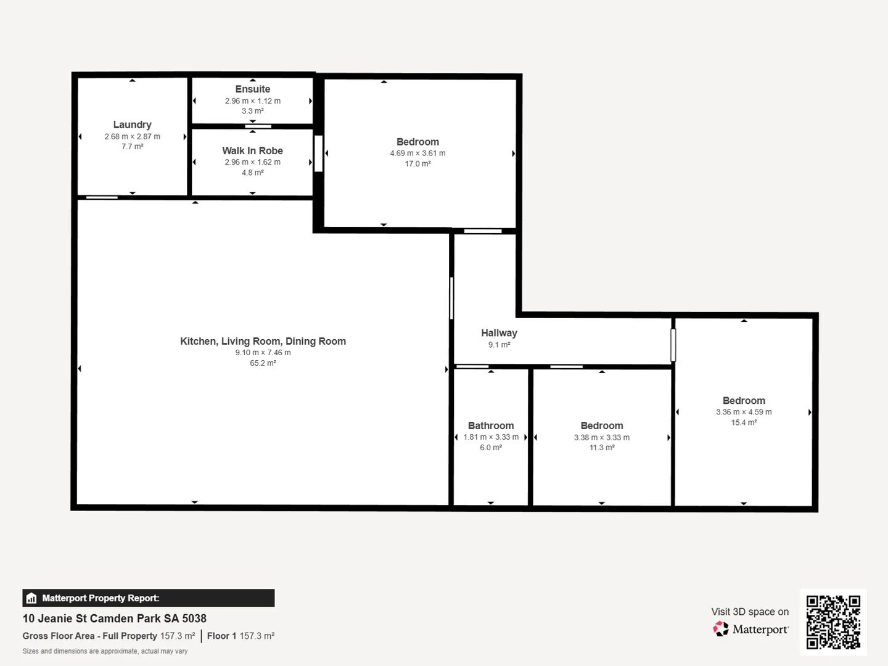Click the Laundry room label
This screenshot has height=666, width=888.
(132, 125)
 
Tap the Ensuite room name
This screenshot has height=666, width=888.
(252, 89)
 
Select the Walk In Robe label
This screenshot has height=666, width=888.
(252, 150)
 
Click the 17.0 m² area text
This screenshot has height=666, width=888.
(417, 164)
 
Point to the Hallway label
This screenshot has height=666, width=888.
(499, 333)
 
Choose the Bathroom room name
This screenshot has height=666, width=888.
(490, 425)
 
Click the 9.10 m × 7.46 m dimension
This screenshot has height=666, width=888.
(263, 353)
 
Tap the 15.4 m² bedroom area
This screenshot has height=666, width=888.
(744, 422)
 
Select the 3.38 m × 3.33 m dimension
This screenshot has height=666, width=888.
(601, 437)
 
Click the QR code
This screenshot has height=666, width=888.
(833, 622)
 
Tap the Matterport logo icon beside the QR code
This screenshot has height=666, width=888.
(721, 629)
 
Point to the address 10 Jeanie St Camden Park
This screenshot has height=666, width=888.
(115, 619)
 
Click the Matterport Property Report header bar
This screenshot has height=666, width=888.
(149, 598)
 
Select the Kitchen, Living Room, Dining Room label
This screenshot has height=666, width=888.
(263, 341)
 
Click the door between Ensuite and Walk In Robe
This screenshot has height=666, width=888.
(258, 127)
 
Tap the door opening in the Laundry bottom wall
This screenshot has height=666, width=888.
(102, 197)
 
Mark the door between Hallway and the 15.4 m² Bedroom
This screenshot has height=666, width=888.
(673, 345)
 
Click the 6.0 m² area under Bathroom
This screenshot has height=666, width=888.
(490, 448)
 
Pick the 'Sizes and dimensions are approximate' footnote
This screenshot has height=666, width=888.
(105, 651)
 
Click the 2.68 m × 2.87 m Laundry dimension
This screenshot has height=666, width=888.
(132, 137)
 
